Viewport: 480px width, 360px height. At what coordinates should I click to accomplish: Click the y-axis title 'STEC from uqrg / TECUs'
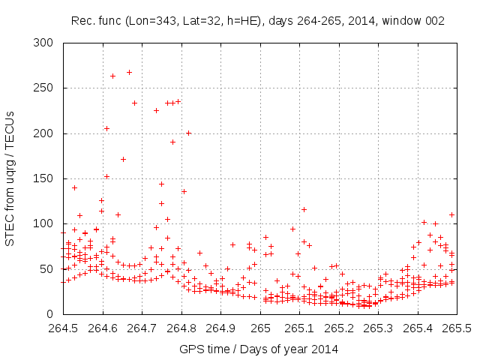[10, 178]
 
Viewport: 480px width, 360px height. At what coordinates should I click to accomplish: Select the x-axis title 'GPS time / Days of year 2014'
[258, 349]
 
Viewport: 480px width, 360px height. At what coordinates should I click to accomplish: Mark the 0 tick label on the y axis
[50, 313]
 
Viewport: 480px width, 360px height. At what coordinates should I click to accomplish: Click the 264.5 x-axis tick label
[63, 328]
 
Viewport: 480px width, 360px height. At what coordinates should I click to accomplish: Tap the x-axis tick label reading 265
[260, 328]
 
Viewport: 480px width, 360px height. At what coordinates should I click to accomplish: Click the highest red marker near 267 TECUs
[129, 73]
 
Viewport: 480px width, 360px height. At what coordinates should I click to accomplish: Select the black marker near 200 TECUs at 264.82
[189, 133]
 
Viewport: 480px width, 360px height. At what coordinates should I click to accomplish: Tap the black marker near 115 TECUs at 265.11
[304, 209]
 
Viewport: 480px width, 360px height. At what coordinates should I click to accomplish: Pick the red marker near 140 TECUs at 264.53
[74, 187]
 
